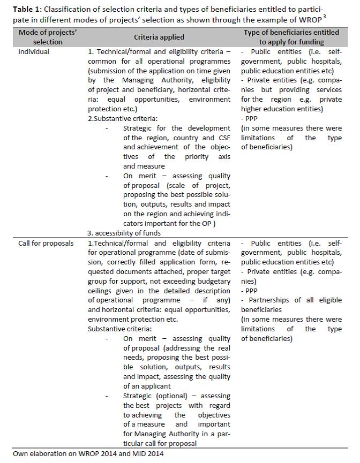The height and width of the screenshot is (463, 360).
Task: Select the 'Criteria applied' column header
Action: [159, 37]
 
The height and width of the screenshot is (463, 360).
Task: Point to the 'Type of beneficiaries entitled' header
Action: [291, 33]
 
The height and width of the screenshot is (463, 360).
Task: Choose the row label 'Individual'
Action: [34, 52]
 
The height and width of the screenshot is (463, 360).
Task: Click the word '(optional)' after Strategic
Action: [171, 396]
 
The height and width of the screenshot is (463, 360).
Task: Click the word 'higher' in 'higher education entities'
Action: [252, 109]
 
